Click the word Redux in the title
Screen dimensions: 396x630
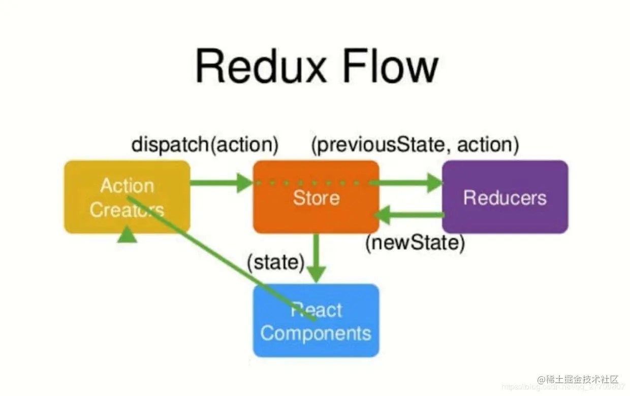click(259, 67)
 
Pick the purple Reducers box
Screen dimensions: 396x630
click(505, 197)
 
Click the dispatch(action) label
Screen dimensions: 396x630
click(205, 145)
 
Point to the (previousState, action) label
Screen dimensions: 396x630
click(415, 145)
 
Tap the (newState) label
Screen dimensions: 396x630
click(415, 243)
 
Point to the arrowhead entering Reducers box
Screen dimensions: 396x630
click(435, 183)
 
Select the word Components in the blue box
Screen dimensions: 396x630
click(316, 334)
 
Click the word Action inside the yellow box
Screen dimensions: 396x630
click(127, 186)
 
